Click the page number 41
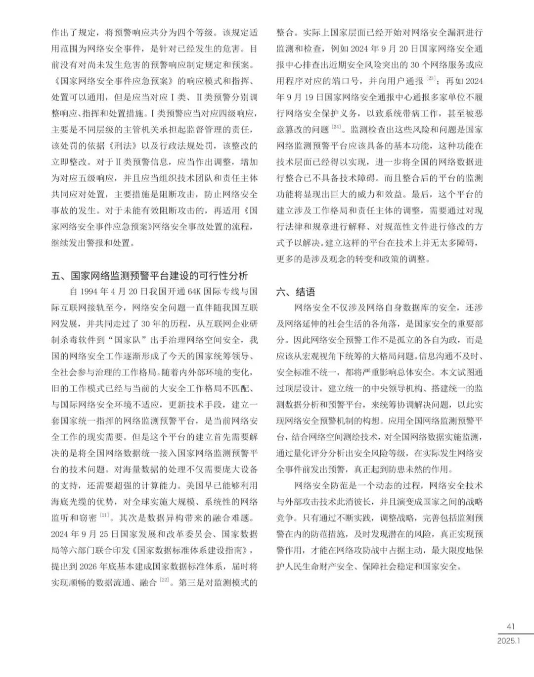click(511, 626)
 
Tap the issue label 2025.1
click(509, 640)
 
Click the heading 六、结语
click(295, 292)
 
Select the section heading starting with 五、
click(149, 276)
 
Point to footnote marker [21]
click(104, 516)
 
